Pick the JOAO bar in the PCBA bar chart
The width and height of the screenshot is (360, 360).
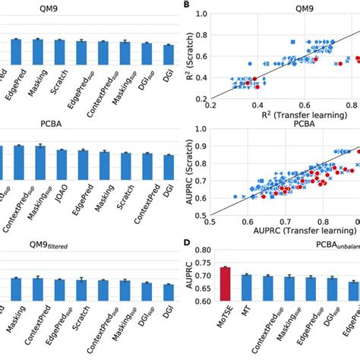[62, 163]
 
